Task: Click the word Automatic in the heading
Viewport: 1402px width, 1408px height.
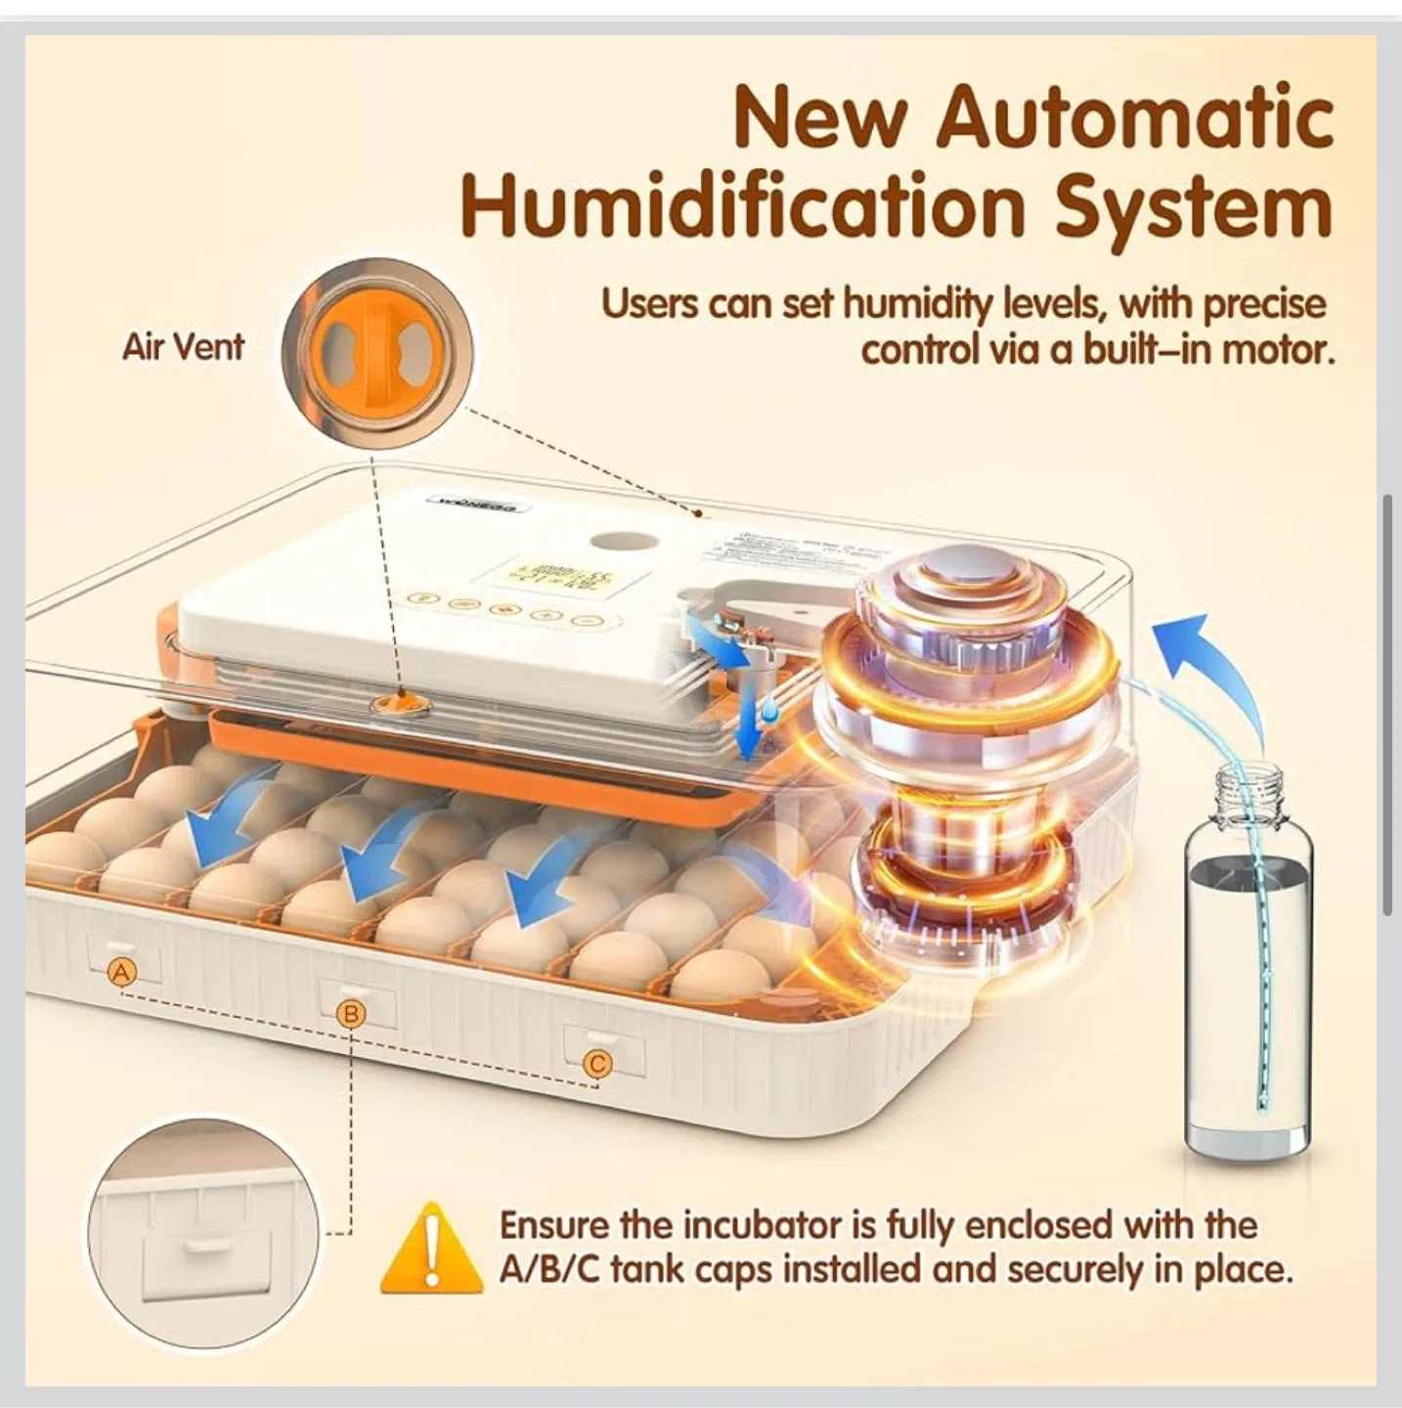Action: pos(1134,118)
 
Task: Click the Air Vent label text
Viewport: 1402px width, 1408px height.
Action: pos(183,346)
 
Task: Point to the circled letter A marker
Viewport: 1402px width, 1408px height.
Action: pos(121,972)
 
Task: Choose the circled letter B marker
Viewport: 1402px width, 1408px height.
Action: pos(351,1014)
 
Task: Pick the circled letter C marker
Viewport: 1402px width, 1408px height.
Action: pos(598,1064)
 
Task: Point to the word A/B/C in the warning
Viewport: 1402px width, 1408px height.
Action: pos(549,1271)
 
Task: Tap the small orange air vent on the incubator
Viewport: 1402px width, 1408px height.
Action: pos(397,701)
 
